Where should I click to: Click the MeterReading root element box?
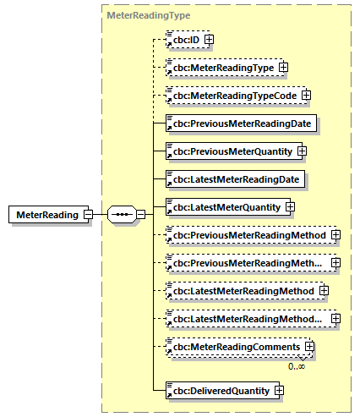(46, 214)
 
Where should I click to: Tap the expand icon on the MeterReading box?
(88, 214)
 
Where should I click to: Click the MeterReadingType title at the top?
(136, 15)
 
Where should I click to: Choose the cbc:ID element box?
(183, 39)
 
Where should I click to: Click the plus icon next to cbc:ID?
(209, 39)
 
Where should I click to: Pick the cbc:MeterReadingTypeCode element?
(232, 96)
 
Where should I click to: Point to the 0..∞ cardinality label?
(297, 365)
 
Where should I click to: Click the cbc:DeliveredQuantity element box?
(218, 390)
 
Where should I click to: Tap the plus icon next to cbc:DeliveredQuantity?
(278, 390)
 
